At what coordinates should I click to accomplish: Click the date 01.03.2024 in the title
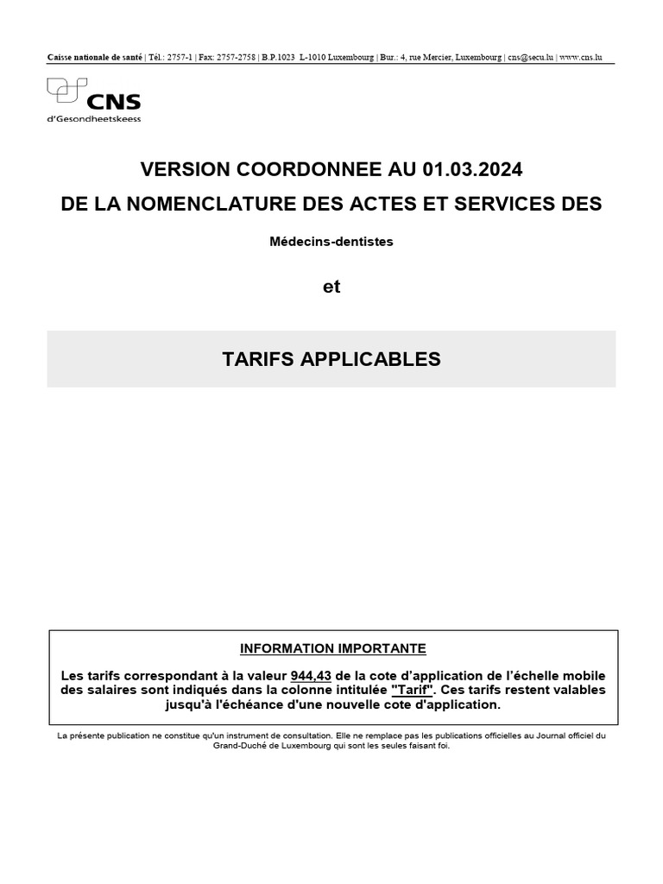[x=472, y=169]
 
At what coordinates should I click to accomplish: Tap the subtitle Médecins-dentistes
[x=331, y=242]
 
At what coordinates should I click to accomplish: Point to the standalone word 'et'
[x=331, y=287]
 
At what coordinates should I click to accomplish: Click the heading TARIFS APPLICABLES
[x=331, y=359]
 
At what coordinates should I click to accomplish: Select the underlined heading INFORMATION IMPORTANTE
[x=332, y=648]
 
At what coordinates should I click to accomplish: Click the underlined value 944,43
[x=311, y=675]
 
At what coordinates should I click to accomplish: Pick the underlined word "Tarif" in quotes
[x=413, y=690]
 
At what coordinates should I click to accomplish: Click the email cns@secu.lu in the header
[x=530, y=58]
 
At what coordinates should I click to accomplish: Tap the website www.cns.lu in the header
[x=580, y=58]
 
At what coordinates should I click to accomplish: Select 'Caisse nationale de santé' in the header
[x=94, y=58]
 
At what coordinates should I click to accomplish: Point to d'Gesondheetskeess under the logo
[x=93, y=119]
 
